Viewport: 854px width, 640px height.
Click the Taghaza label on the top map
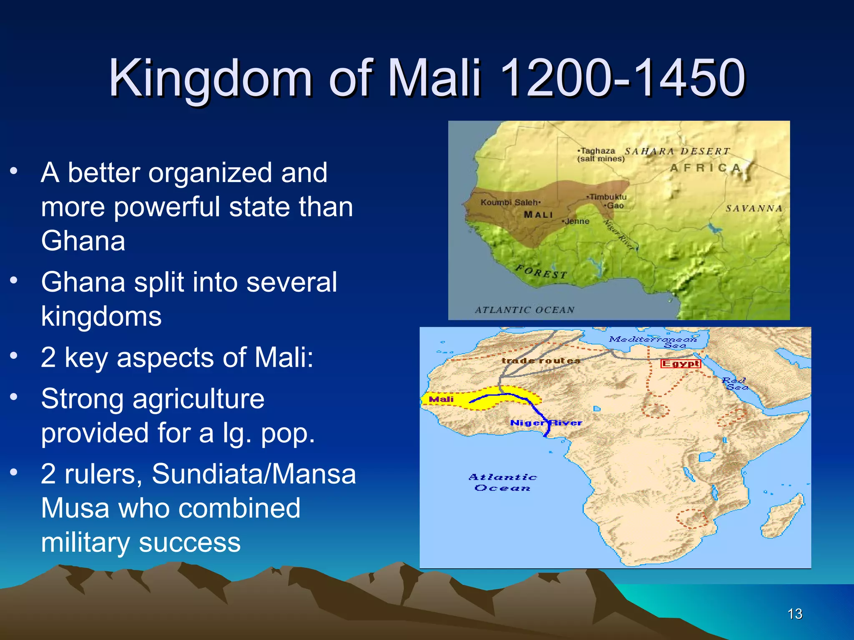[598, 151]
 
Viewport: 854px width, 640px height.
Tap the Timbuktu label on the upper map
[608, 197]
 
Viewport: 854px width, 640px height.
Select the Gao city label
[615, 206]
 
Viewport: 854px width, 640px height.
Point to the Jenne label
[577, 221]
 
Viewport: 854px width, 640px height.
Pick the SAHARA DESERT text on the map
[677, 151]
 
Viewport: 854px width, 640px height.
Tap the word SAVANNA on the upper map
[754, 208]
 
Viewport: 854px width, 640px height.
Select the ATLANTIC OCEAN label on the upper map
[525, 310]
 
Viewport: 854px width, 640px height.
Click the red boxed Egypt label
[681, 364]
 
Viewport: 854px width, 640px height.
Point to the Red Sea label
[735, 383]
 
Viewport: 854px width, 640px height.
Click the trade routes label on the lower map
[541, 361]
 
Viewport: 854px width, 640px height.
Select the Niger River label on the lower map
[546, 423]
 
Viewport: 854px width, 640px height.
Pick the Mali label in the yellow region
[441, 399]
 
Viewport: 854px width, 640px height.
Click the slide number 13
[795, 614]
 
